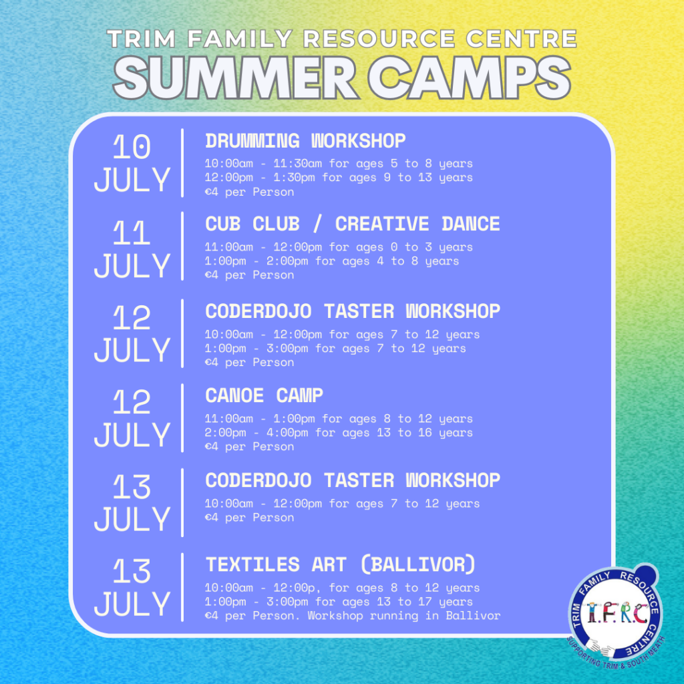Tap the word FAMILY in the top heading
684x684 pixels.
pyautogui.click(x=240, y=38)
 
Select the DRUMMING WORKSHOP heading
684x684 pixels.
pyautogui.click(x=305, y=141)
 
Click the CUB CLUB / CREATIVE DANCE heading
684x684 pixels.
pyautogui.click(x=353, y=224)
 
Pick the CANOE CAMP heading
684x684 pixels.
pyautogui.click(x=264, y=395)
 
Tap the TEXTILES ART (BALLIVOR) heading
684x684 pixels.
pyautogui.click(x=340, y=564)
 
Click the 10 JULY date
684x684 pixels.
pyautogui.click(x=132, y=163)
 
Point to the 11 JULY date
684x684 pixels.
pyautogui.click(x=132, y=248)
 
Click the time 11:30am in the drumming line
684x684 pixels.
pyautogui.click(x=297, y=164)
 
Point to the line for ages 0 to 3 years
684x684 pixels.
pyautogui.click(x=339, y=247)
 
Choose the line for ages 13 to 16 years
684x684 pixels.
pyautogui.click(x=339, y=433)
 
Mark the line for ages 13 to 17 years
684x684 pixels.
pyautogui.click(x=339, y=602)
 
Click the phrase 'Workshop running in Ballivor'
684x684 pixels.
pyautogui.click(x=404, y=616)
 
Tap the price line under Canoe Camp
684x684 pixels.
pyautogui.click(x=250, y=447)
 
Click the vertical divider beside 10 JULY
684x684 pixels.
pyautogui.click(x=182, y=163)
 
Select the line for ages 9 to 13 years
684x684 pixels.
pyautogui.click(x=339, y=178)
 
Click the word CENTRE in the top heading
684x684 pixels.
pyautogui.click(x=522, y=38)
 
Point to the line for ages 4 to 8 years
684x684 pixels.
pyautogui.click(x=332, y=261)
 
